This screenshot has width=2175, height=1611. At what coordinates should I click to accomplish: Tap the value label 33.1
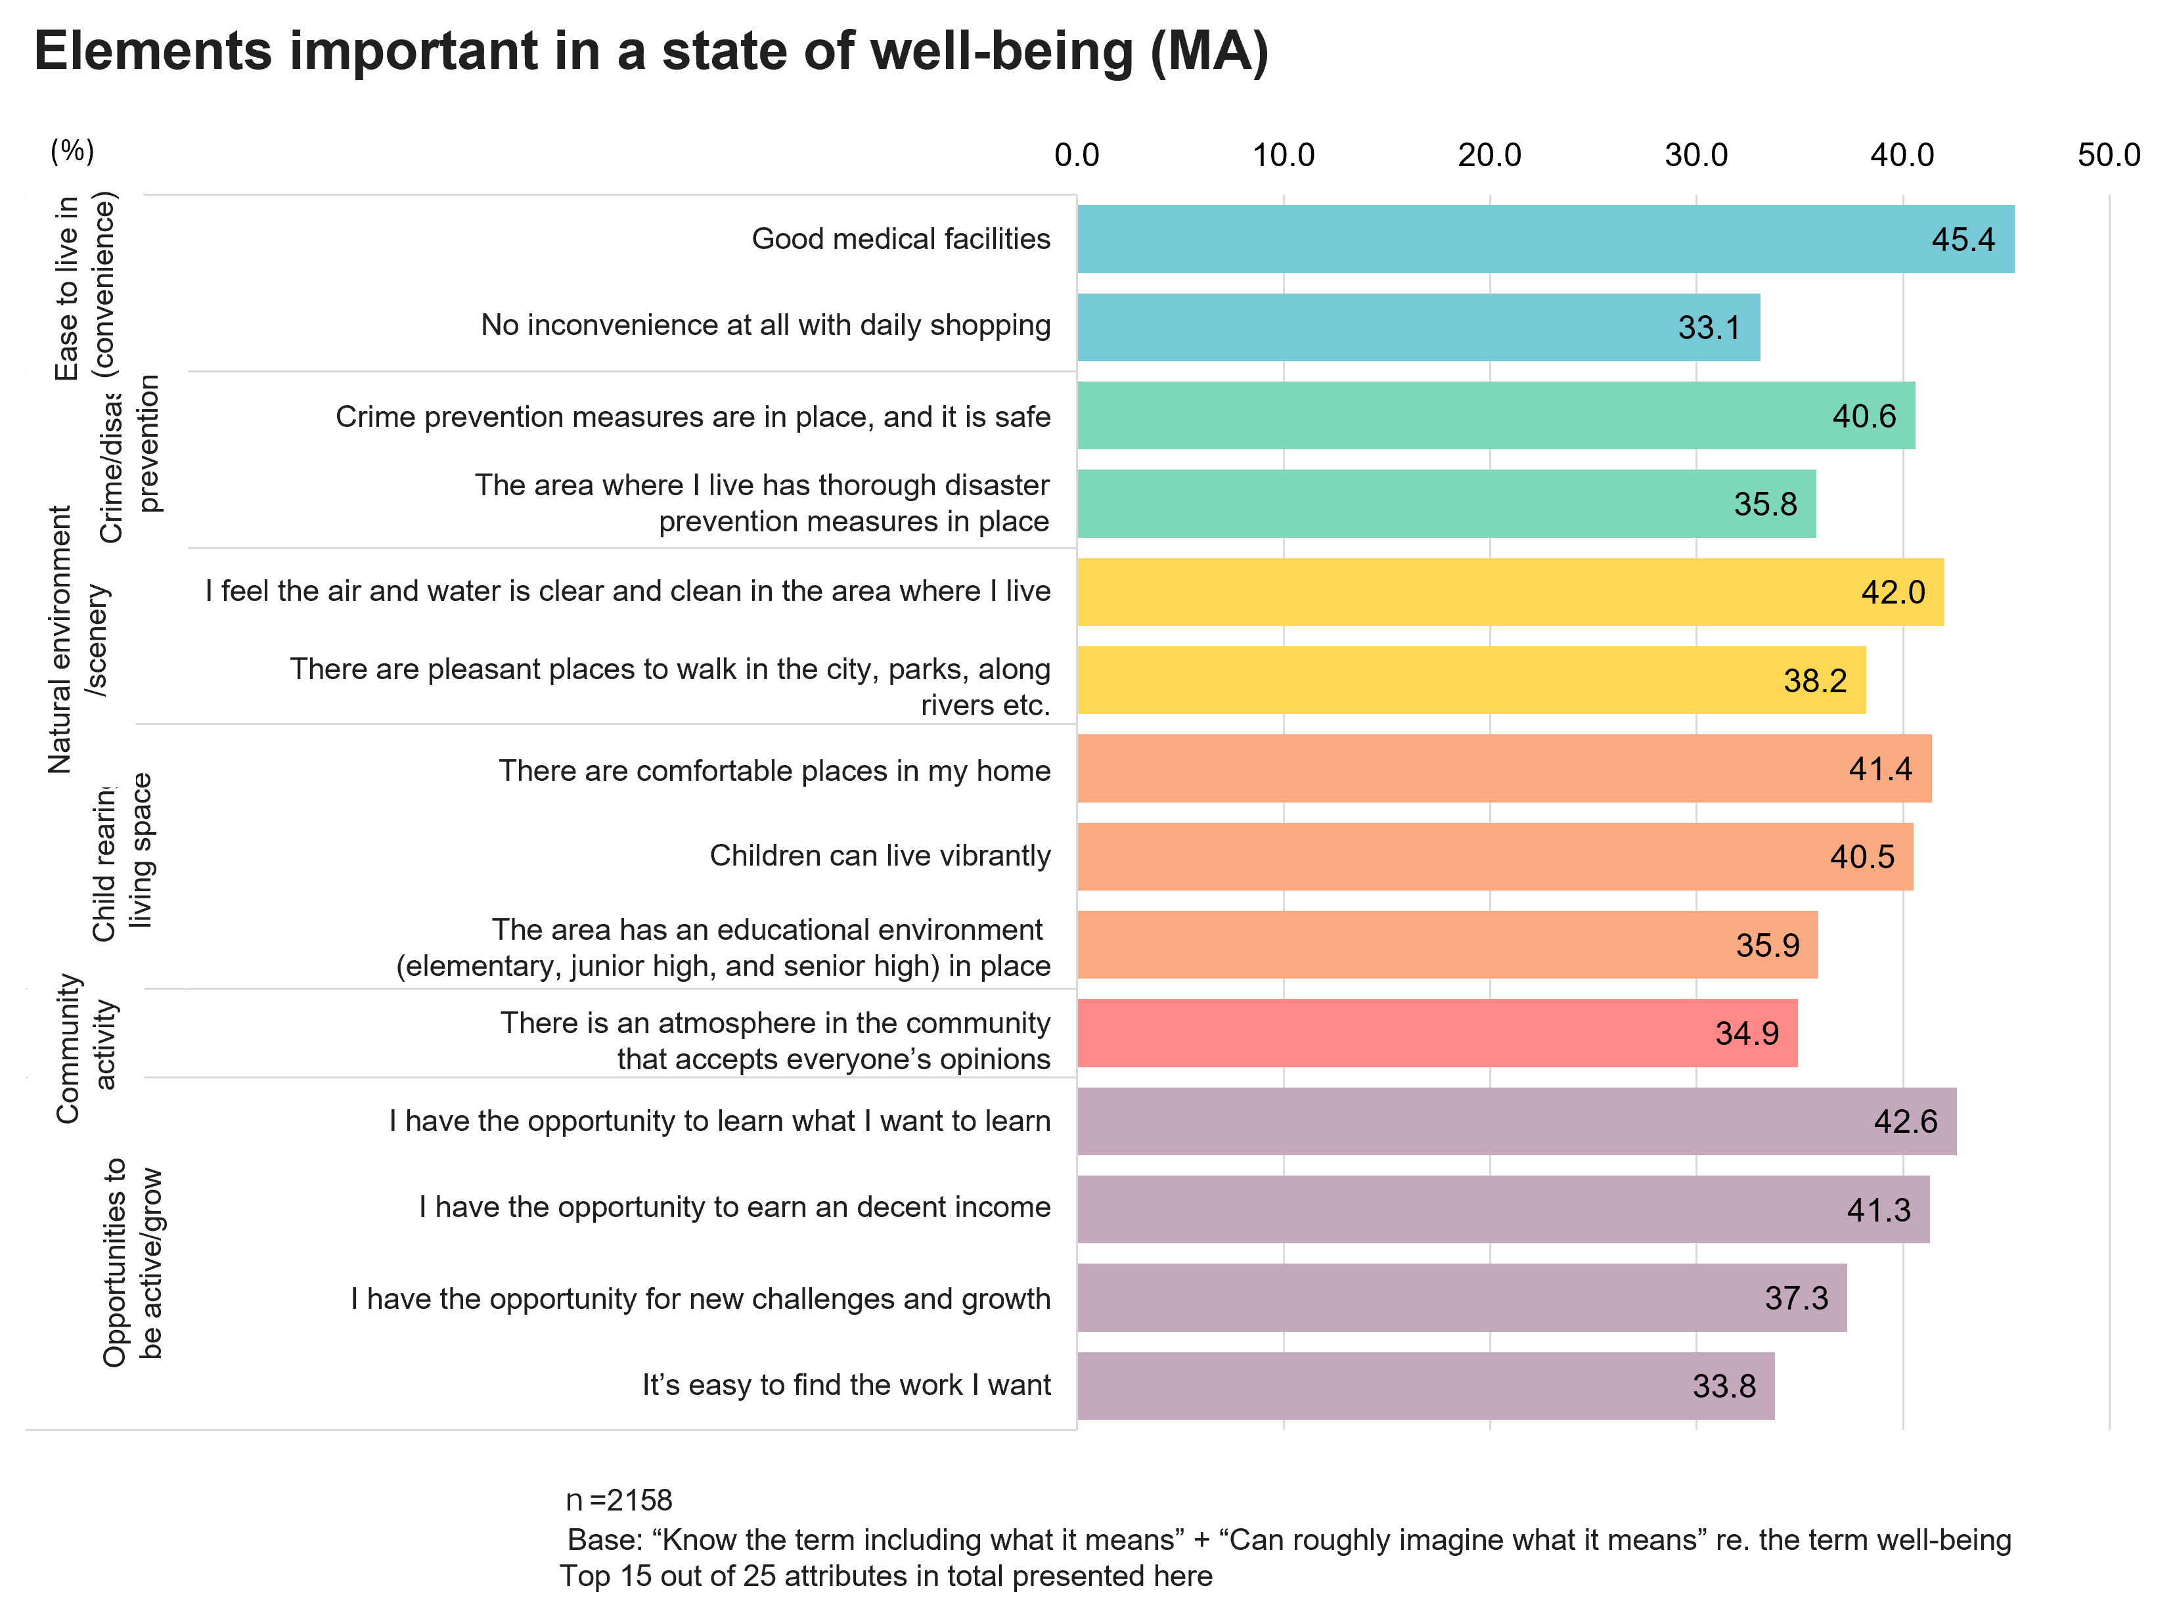pos(1708,328)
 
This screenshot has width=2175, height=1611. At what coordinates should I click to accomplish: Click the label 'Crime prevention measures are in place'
pos(692,416)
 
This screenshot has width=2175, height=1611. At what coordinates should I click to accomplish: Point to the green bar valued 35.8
pos(1445,504)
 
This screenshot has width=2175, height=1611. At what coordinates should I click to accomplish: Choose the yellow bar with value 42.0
pos(1509,592)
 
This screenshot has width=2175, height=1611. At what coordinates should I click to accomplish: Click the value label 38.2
pos(1814,680)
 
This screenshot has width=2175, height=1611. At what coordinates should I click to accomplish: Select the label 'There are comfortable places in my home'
pos(774,770)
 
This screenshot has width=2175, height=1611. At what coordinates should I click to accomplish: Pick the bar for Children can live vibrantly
pos(1494,857)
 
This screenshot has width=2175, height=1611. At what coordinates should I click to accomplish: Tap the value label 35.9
pos(1766,945)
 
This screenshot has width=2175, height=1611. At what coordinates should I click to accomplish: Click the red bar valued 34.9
pos(1436,1032)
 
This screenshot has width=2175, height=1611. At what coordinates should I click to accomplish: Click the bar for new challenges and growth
pos(1460,1298)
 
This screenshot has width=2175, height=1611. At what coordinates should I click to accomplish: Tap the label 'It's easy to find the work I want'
pos(845,1385)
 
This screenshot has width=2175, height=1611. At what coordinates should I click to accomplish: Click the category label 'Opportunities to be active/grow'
pos(133,1263)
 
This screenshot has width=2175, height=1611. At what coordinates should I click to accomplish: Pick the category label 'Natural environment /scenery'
pos(77,640)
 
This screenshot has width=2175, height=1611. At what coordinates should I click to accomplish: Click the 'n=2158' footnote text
pos(619,1500)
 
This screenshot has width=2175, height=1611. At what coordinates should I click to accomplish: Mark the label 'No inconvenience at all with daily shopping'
pos(766,324)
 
